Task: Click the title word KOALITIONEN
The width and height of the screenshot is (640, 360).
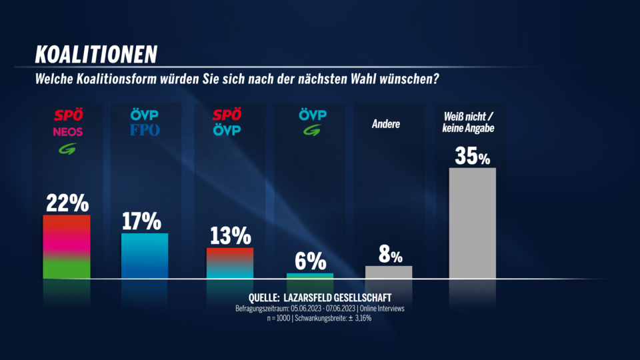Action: pyautogui.click(x=96, y=53)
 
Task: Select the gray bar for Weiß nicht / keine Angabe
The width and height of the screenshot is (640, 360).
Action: pyautogui.click(x=472, y=223)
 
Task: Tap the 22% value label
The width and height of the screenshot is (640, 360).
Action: pyautogui.click(x=67, y=202)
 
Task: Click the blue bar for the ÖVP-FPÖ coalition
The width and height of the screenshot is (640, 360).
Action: pyautogui.click(x=145, y=255)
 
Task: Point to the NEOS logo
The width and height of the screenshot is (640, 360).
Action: pyautogui.click(x=67, y=131)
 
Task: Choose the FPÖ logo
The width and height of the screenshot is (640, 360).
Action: pyautogui.click(x=145, y=130)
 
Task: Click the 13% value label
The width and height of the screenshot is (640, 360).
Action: pyautogui.click(x=230, y=235)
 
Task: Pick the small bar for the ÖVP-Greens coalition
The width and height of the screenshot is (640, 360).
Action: pyautogui.click(x=310, y=275)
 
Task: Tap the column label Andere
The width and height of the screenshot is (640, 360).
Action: pyautogui.click(x=386, y=124)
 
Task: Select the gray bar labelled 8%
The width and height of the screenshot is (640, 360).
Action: pyautogui.click(x=389, y=272)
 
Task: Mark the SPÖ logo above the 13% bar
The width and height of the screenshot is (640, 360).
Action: pyautogui.click(x=227, y=115)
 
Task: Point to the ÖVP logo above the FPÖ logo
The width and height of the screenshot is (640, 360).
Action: pyautogui.click(x=145, y=115)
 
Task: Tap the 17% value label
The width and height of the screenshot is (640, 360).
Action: pyautogui.click(x=142, y=221)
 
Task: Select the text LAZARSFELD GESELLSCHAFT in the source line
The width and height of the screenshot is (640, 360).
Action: pyautogui.click(x=338, y=297)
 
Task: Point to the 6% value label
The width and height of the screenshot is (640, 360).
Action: pyautogui.click(x=311, y=261)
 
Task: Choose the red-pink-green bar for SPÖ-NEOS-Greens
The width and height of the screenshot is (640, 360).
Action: pyautogui.click(x=67, y=246)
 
